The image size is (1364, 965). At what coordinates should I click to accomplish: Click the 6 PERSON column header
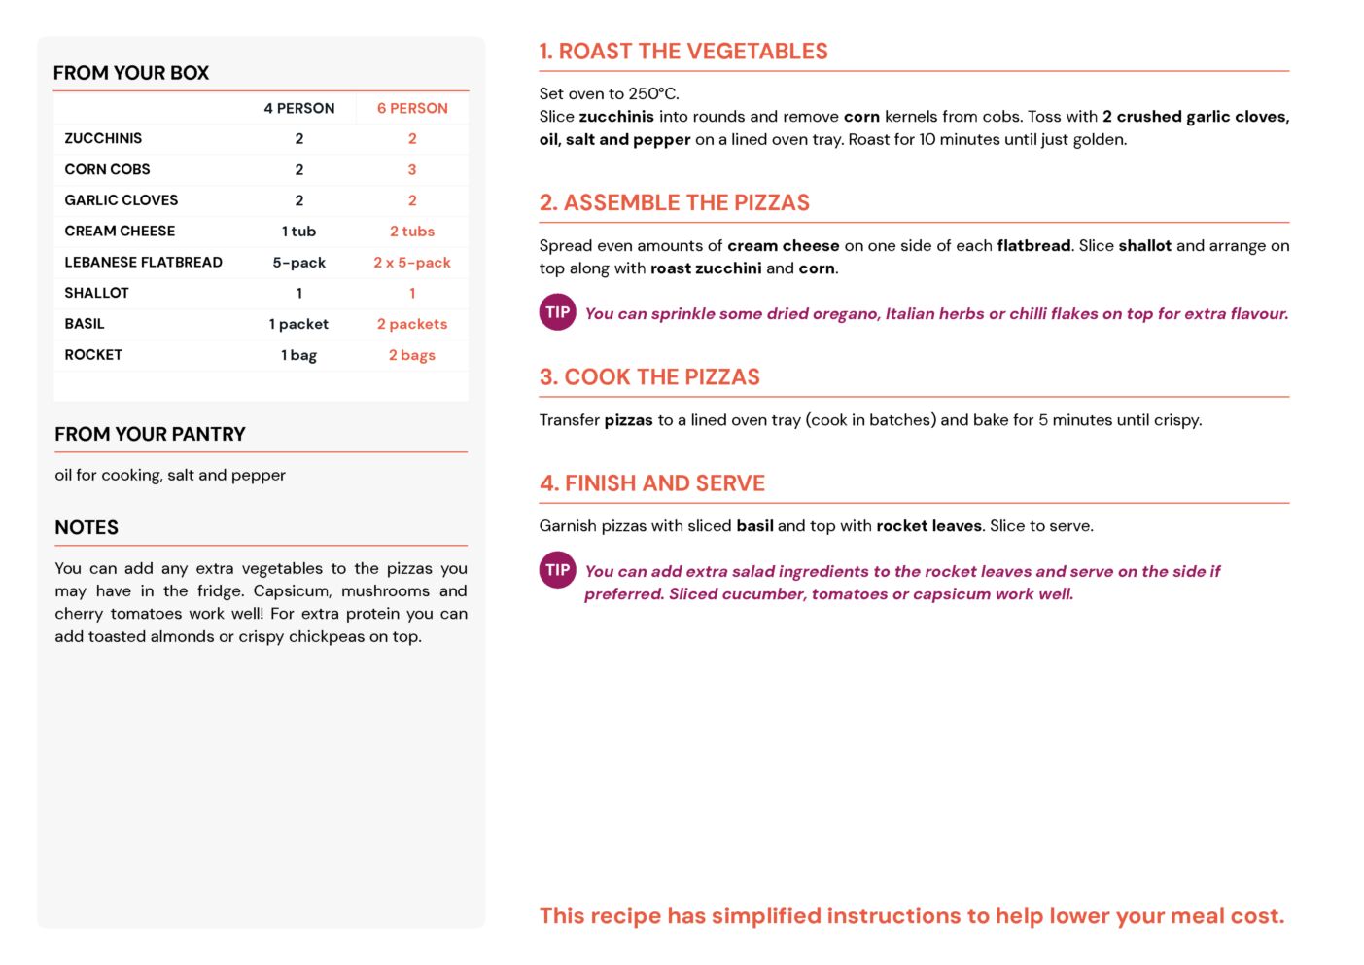click(x=412, y=108)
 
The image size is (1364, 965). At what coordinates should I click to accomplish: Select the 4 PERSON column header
click(x=298, y=108)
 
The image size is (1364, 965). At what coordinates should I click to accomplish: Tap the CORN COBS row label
click(x=107, y=169)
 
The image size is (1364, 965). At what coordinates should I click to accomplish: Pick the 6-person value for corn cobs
click(x=412, y=169)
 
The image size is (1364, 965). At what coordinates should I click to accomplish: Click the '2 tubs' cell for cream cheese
click(x=412, y=232)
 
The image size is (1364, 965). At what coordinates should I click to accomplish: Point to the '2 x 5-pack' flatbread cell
click(x=412, y=263)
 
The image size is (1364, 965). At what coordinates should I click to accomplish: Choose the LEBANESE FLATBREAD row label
click(x=143, y=263)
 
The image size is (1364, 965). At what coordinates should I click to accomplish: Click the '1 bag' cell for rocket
click(x=298, y=355)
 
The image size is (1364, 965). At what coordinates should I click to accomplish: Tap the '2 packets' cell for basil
click(x=412, y=324)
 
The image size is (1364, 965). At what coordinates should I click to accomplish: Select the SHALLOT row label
click(x=96, y=293)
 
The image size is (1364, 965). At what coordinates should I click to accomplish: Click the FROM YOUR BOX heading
click(x=131, y=73)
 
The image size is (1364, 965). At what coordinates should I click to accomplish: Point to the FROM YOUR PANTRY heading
click(x=150, y=435)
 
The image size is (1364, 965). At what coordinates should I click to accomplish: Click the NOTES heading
click(x=87, y=528)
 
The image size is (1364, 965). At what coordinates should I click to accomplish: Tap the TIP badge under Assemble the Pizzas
click(x=557, y=312)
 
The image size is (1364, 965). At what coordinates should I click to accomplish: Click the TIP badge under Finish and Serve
click(x=557, y=570)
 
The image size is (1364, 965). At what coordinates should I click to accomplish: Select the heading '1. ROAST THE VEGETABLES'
click(x=683, y=52)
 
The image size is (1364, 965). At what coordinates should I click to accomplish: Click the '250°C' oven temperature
click(x=652, y=94)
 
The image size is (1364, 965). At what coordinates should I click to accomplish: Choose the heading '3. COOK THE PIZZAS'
click(x=649, y=377)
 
